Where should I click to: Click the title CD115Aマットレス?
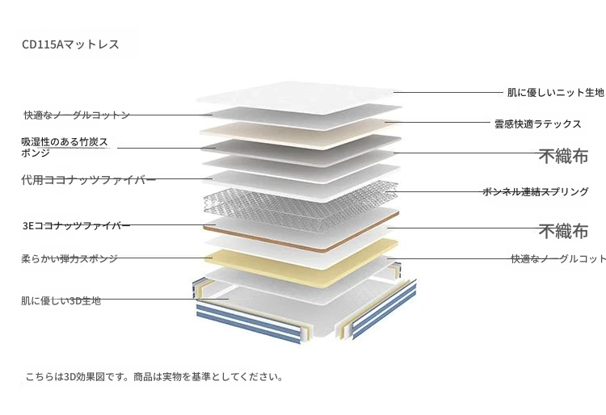70,44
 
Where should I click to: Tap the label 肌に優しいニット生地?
556,93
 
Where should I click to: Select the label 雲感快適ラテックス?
538,124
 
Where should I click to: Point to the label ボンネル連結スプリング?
536,191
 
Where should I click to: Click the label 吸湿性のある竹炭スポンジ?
65,147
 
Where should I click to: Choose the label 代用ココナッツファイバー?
89,180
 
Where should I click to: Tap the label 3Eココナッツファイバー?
77,225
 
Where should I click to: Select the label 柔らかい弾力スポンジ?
69,258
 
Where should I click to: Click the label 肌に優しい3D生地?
61,300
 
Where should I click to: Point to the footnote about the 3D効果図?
154,377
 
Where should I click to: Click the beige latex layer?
301,134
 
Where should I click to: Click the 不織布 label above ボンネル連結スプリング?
563,156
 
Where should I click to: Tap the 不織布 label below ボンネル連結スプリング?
563,231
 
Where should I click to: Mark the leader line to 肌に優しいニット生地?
448,92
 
